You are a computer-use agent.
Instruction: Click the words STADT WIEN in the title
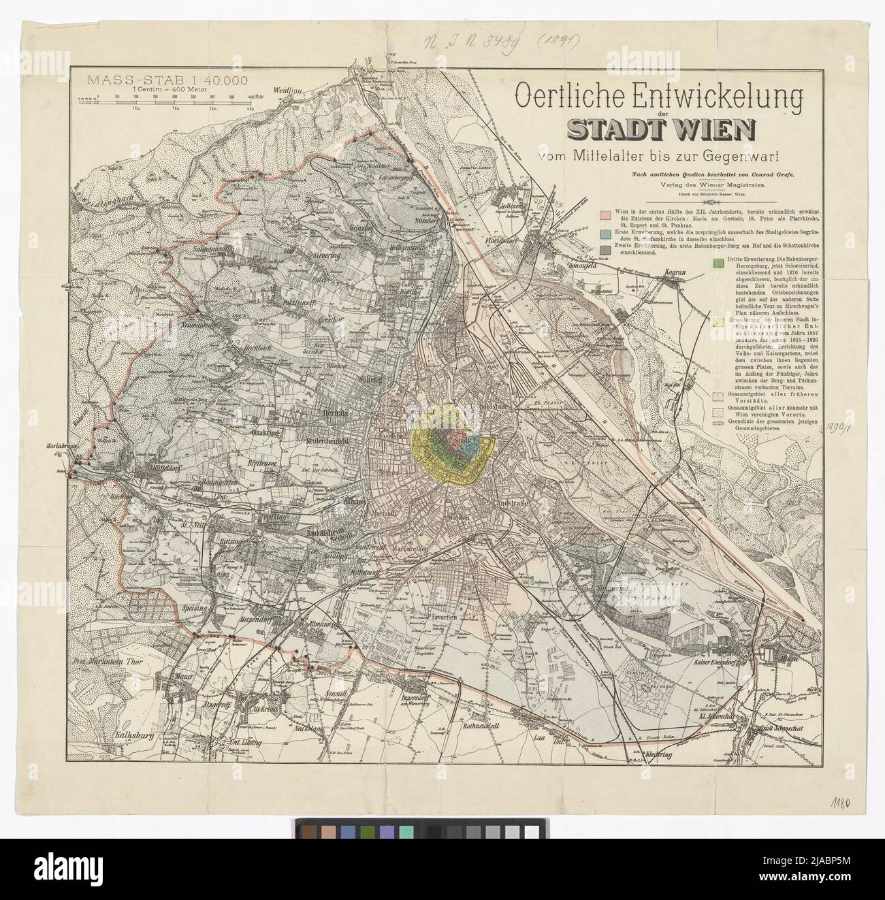click(x=658, y=129)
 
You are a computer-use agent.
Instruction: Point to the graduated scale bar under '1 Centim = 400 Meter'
click(x=170, y=100)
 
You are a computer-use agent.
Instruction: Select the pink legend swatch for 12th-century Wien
click(x=602, y=214)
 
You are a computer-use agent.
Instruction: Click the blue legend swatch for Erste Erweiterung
click(x=602, y=234)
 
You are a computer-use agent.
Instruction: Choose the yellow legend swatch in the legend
click(x=717, y=321)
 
